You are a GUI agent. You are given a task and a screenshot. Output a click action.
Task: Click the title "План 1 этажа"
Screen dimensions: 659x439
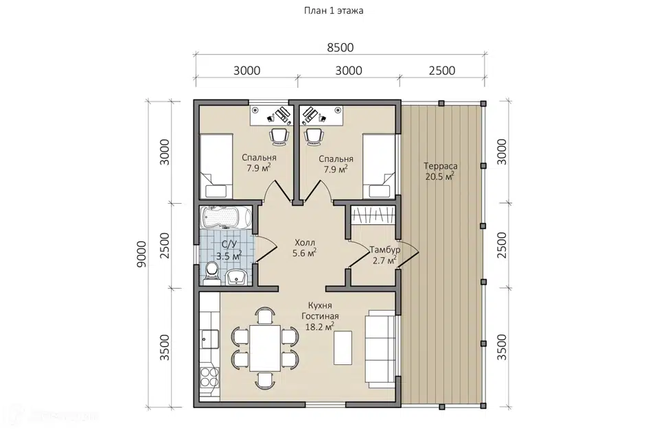334,11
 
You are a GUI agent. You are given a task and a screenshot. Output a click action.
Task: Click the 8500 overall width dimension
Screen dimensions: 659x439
340,47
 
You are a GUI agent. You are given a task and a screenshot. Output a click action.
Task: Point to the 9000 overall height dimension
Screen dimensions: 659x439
142,254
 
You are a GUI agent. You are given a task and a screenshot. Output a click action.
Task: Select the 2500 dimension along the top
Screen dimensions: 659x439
442,70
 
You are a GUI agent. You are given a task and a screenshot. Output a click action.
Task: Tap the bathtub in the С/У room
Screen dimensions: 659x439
226,217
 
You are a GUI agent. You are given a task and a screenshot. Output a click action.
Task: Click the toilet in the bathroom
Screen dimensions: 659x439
211,272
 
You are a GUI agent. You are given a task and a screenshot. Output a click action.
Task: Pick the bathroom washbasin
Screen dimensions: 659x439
238,277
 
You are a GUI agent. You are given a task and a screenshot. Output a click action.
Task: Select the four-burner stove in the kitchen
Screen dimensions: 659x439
209,377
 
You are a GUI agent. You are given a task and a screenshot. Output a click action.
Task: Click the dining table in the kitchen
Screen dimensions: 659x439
265,348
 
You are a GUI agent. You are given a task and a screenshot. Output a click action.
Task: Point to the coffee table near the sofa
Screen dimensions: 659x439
343,348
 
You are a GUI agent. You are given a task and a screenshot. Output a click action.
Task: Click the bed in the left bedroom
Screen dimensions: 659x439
216,167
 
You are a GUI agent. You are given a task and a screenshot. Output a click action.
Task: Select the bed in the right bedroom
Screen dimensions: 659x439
379,167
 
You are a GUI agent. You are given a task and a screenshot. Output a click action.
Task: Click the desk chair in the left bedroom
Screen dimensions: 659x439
279,137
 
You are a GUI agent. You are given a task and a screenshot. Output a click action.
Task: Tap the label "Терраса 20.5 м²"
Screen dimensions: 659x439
440,171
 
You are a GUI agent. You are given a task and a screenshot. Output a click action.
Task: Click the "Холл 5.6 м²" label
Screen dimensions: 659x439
305,248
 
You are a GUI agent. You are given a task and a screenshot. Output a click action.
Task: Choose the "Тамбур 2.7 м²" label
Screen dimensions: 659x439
384,255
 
